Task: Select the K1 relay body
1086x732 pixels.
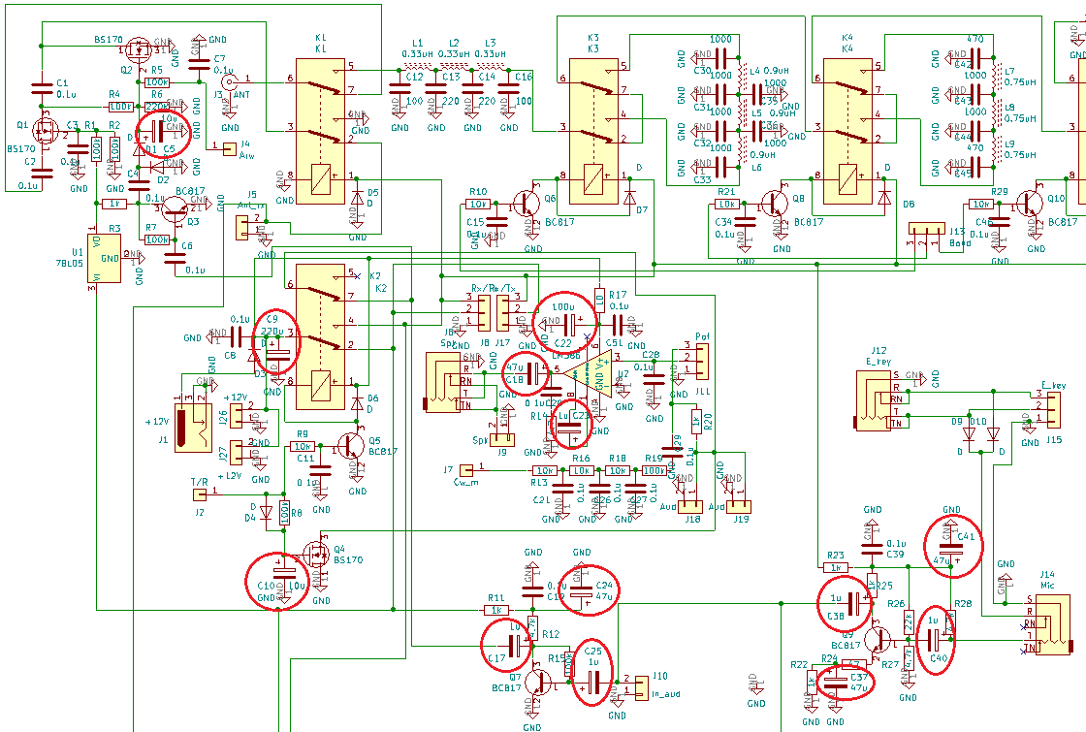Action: [321, 131]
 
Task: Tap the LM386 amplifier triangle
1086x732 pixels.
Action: [587, 373]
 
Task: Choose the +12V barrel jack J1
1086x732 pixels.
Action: [198, 424]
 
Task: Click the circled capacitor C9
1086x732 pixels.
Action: [277, 345]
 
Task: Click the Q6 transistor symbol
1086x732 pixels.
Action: [527, 204]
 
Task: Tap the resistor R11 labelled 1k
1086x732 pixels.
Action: [495, 610]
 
